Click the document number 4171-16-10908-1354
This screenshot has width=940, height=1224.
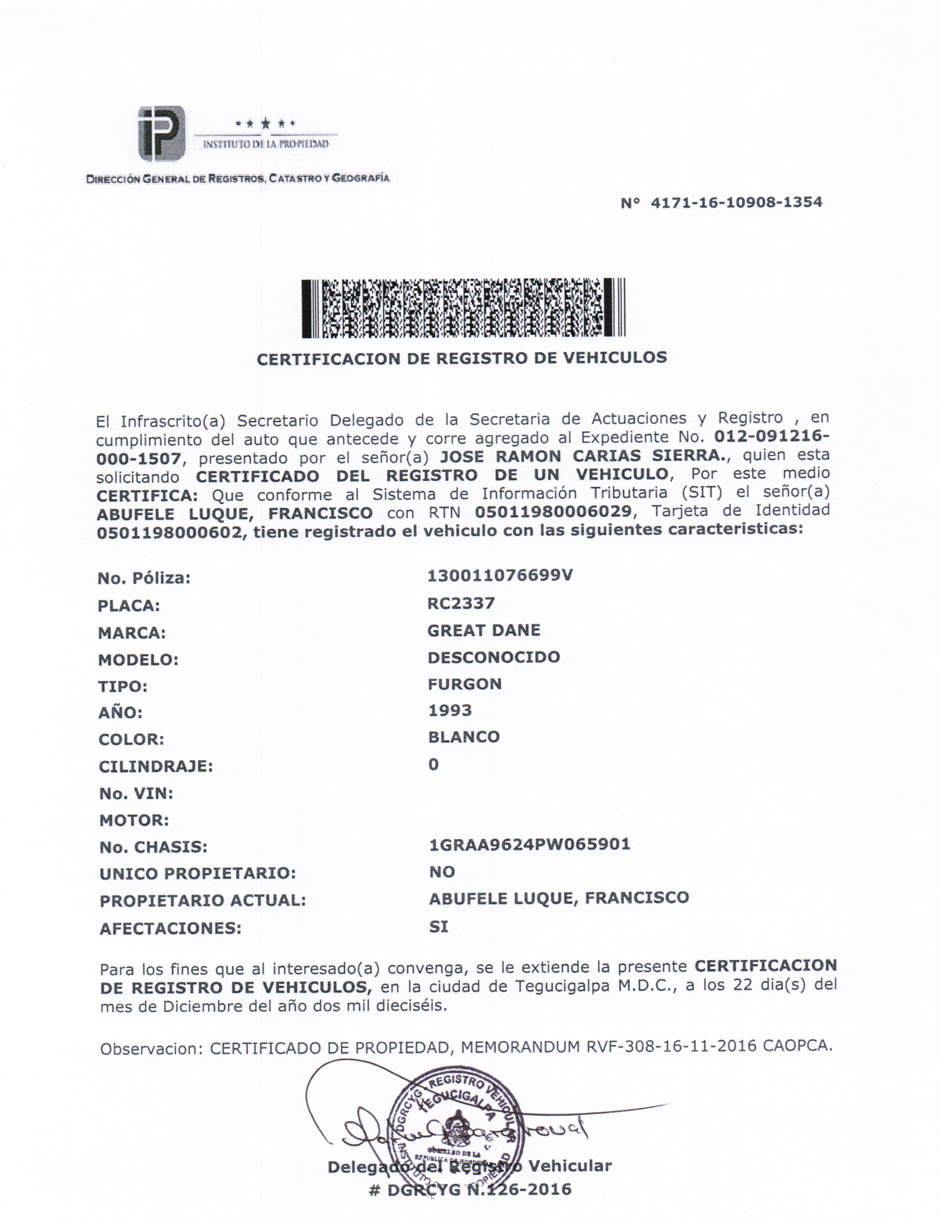(736, 202)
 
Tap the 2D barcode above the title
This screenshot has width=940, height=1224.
(463, 308)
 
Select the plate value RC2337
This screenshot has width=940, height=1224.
(461, 603)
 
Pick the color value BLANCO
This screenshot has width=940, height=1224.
(464, 737)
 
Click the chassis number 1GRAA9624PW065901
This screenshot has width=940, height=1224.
(529, 844)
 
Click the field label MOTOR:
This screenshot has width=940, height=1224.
(134, 821)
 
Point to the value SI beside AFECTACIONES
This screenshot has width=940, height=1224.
(439, 927)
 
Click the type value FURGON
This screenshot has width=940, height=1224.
(464, 684)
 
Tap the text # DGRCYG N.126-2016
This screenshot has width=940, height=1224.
(470, 1190)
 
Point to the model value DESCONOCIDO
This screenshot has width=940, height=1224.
(493, 657)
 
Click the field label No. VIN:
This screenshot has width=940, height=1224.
(136, 794)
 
